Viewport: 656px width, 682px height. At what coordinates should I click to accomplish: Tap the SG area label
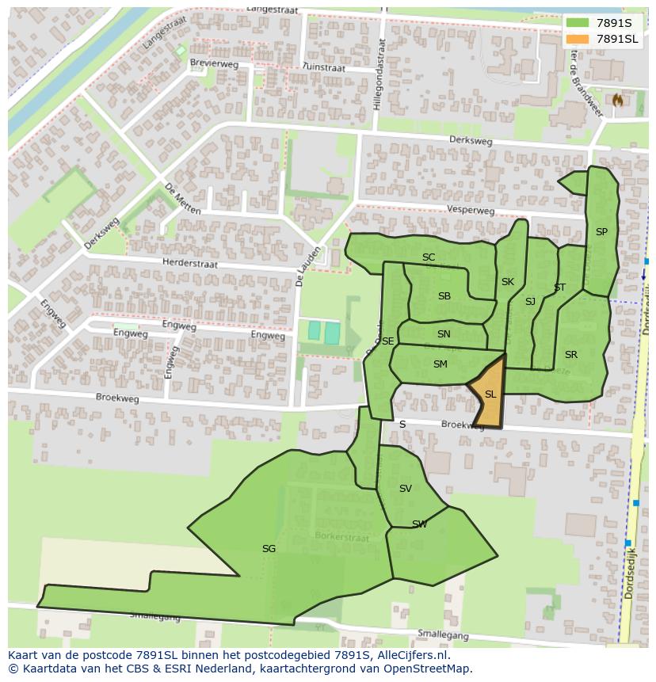point(269,548)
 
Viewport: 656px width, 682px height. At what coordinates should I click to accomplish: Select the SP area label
point(601,232)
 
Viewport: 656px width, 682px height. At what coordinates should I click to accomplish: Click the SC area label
point(429,257)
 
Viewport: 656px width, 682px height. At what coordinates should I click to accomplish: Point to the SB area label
point(444,296)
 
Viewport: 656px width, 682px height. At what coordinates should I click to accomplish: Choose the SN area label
point(444,334)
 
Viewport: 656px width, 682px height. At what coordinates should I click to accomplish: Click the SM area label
point(441,364)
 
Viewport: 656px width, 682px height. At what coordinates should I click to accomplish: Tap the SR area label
point(571,354)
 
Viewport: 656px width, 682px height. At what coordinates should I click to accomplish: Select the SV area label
point(406,489)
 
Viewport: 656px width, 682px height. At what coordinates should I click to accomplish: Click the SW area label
point(419,524)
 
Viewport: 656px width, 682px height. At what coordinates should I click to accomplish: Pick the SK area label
point(508,282)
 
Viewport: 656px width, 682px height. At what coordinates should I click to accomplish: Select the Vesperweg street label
point(471,211)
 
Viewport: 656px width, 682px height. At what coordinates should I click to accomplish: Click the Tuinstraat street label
point(323,69)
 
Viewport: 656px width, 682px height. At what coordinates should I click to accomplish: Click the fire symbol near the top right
point(617,100)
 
